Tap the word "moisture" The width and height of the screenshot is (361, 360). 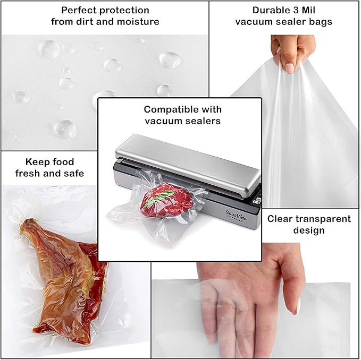coord(138,22)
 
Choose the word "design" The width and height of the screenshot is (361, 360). coord(309,230)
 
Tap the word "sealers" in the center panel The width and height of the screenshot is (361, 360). coord(204,121)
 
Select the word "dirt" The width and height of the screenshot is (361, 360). coord(84,22)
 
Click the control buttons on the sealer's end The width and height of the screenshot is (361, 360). coord(257,201)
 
